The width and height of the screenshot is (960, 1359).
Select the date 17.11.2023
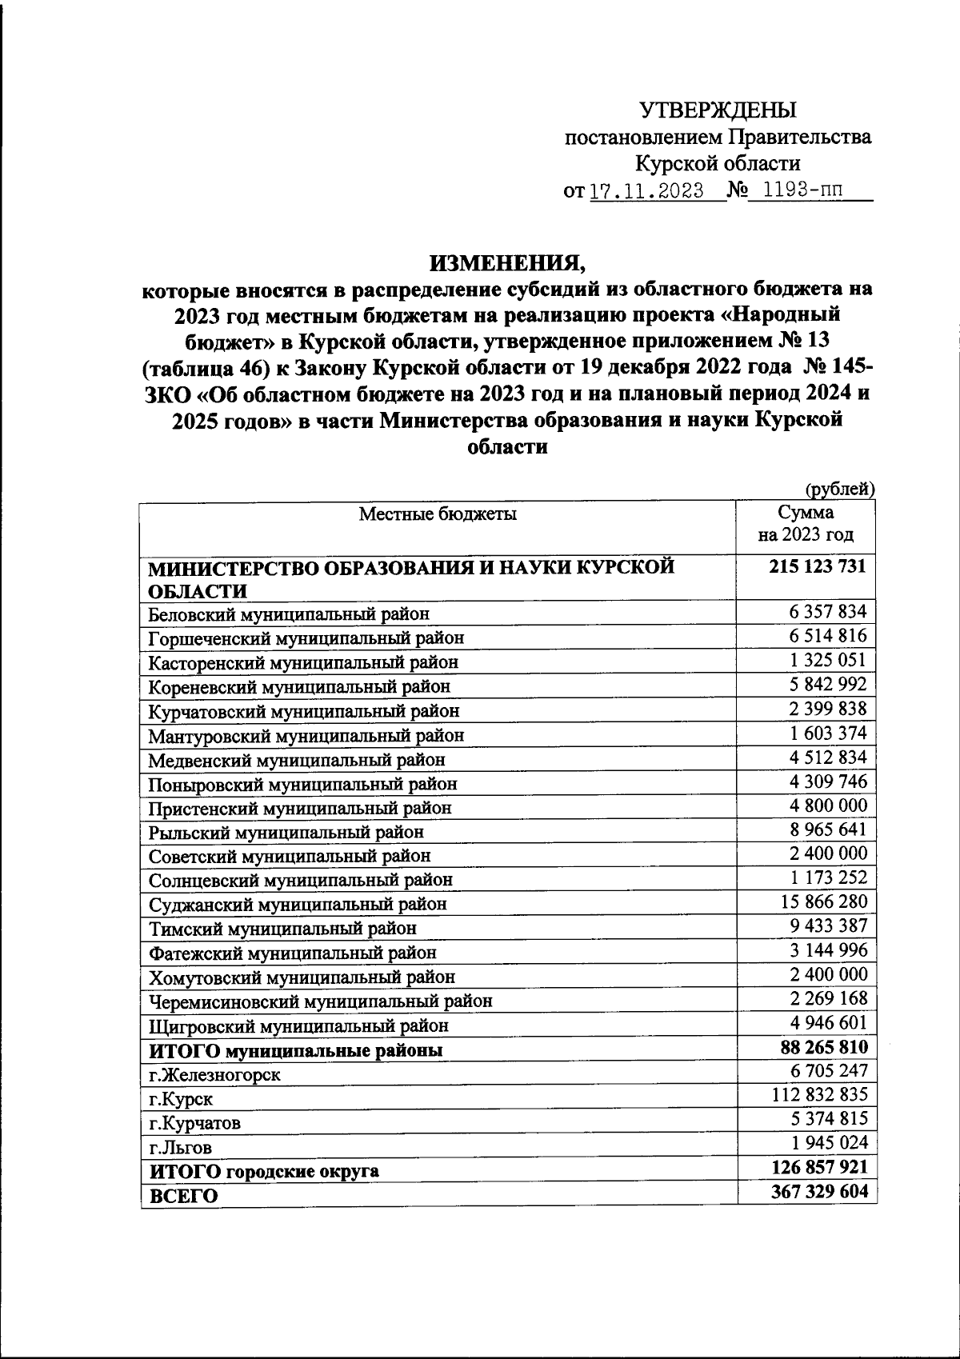click(646, 191)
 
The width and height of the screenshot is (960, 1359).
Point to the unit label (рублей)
click(839, 489)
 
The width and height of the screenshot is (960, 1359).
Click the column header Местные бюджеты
click(437, 514)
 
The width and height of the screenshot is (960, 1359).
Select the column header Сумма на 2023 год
click(806, 523)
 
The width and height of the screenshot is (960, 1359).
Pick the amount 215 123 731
click(818, 566)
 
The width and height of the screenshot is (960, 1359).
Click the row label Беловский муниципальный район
click(289, 614)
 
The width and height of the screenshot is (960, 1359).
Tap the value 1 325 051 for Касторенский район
click(828, 661)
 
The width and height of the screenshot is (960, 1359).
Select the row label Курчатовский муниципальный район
click(304, 710)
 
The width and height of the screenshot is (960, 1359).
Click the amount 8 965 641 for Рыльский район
click(828, 829)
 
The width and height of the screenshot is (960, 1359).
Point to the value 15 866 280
click(823, 901)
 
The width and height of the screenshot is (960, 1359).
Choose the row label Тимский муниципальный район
click(282, 929)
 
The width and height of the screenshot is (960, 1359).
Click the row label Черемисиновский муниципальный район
click(320, 1001)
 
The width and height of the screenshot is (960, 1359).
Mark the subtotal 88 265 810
click(823, 1047)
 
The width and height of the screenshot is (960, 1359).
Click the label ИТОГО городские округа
click(264, 1171)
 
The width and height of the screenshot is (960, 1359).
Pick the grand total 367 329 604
click(819, 1191)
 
